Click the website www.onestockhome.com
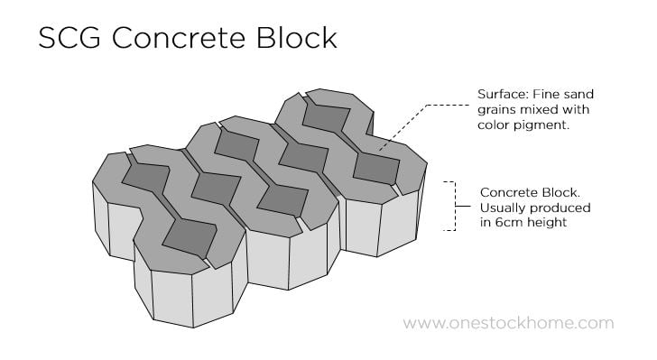coord(508,323)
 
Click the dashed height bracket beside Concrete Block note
coord(449,206)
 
